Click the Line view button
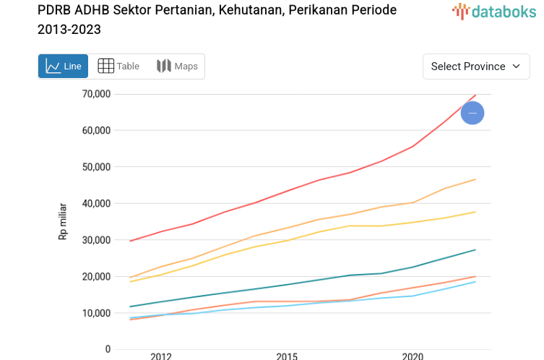click(x=63, y=67)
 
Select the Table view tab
click(x=118, y=67)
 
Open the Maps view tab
click(x=177, y=67)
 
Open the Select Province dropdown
click(x=476, y=67)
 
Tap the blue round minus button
click(x=472, y=113)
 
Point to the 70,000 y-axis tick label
click(x=95, y=94)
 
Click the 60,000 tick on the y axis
click(x=95, y=130)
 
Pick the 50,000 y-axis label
click(x=95, y=167)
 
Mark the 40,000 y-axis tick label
click(x=95, y=203)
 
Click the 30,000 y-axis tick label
click(x=95, y=240)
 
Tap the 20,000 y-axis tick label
click(x=95, y=277)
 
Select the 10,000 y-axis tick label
click(x=95, y=313)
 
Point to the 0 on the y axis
click(x=107, y=349)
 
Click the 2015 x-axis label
click(x=287, y=356)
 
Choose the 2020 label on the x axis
click(x=413, y=356)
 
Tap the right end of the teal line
click(x=475, y=250)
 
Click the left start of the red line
click(x=130, y=241)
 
